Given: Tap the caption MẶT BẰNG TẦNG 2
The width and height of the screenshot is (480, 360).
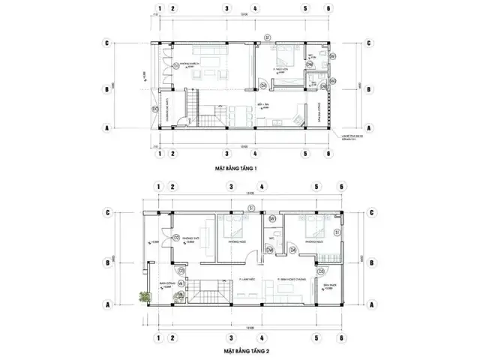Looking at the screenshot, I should pyautogui.click(x=242, y=350).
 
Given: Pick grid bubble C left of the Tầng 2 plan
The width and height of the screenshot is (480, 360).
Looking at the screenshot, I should pyautogui.click(x=109, y=212).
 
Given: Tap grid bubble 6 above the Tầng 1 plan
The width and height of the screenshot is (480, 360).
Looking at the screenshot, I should pyautogui.click(x=328, y=10).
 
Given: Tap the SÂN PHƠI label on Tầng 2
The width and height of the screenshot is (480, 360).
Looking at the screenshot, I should pyautogui.click(x=328, y=286).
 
